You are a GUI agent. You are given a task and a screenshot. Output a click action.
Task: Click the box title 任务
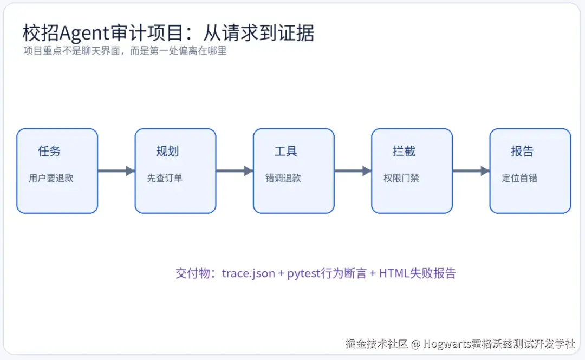49,151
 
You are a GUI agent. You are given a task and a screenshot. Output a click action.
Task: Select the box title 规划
167,151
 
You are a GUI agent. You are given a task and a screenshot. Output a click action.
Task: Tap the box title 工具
285,151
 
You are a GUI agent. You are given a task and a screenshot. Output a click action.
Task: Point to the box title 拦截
404,151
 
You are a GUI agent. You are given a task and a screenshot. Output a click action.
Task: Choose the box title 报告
522,151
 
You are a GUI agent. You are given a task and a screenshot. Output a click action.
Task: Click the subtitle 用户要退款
51,178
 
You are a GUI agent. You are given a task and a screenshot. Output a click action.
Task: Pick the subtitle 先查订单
165,178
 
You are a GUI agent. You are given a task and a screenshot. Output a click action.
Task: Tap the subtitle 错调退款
283,178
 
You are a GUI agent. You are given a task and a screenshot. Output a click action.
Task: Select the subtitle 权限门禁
401,178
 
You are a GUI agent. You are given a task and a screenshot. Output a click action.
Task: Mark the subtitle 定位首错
519,178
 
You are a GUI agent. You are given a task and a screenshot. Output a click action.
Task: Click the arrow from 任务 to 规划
116,171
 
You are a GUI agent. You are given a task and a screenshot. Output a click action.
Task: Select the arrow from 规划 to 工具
235,171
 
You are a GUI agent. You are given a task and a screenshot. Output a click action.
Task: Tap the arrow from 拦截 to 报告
471,171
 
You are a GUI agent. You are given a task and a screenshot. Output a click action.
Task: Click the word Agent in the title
84,34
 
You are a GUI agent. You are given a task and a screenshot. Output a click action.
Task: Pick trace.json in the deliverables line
249,273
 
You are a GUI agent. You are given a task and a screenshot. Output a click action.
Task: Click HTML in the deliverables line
394,273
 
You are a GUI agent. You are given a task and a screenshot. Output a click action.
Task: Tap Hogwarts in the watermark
447,343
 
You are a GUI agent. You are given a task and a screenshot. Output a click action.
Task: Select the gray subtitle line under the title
125,51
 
